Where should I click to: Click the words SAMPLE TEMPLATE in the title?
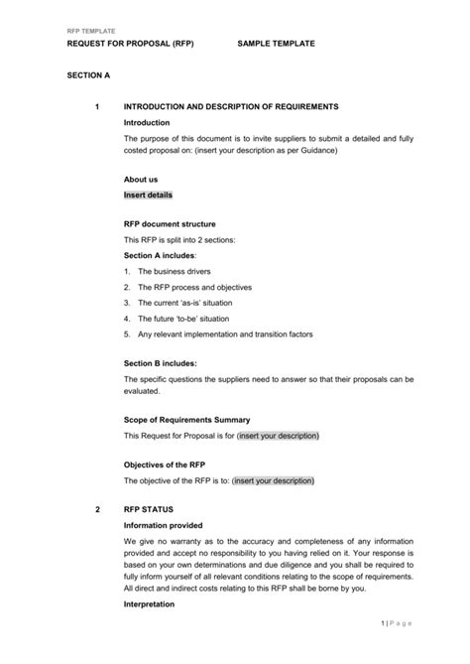pyautogui.click(x=277, y=45)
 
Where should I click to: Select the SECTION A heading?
pyautogui.click(x=88, y=74)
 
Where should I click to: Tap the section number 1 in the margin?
pyautogui.click(x=97, y=105)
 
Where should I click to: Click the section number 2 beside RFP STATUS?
pyautogui.click(x=97, y=509)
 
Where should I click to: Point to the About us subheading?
pyautogui.click(x=141, y=180)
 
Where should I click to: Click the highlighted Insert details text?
pyautogui.click(x=148, y=196)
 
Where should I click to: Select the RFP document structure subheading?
pyautogui.click(x=170, y=224)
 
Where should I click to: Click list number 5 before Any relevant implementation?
pyautogui.click(x=127, y=334)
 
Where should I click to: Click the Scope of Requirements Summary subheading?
pyautogui.click(x=186, y=420)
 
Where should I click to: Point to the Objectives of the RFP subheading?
pyautogui.click(x=164, y=465)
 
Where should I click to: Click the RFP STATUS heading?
pyautogui.click(x=148, y=509)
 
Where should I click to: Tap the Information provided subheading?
pyautogui.click(x=163, y=525)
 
